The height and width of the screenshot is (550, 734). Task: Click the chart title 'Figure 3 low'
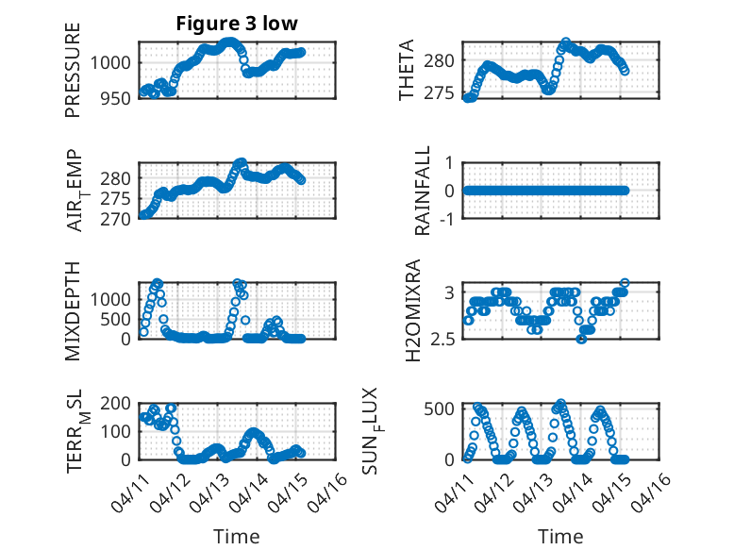pos(237,25)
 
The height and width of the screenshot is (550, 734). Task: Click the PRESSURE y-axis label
pos(73,71)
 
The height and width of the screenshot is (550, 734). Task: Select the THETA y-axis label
pos(407,71)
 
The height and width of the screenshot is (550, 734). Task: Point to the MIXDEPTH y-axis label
pos(73,311)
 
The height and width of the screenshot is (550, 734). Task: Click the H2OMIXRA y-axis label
pos(412,311)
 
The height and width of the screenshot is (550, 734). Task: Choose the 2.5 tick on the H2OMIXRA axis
pos(443,340)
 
